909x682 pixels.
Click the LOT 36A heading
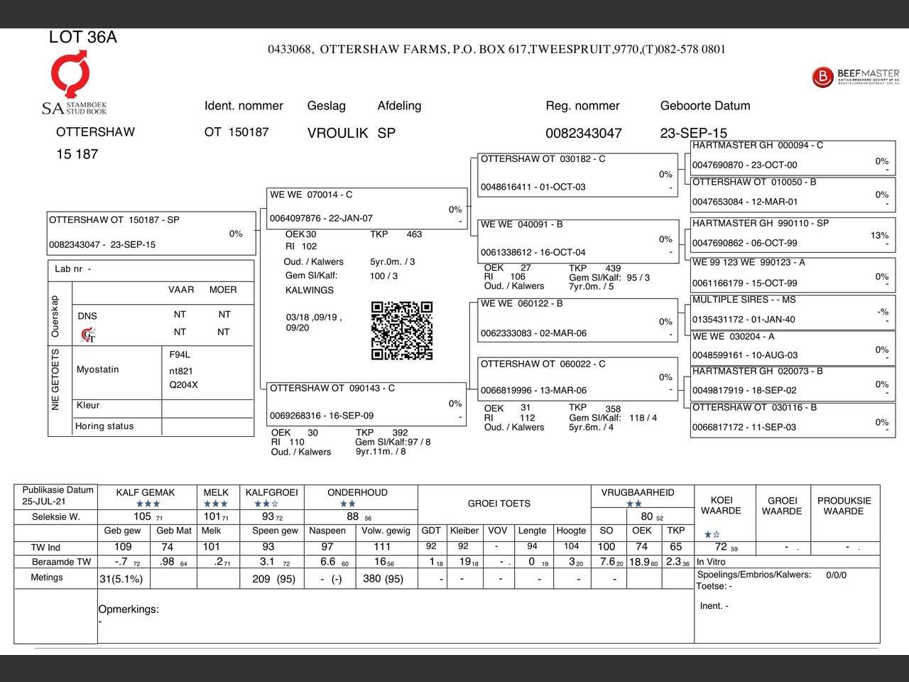click(x=83, y=38)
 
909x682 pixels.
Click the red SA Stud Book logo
click(x=70, y=74)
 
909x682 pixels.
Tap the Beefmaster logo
click(x=855, y=77)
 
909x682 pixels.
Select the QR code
click(x=402, y=330)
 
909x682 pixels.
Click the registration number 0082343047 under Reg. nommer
click(x=583, y=133)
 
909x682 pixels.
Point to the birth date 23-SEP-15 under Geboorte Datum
click(x=693, y=133)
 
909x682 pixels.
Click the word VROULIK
click(x=337, y=133)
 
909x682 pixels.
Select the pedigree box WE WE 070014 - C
click(x=365, y=207)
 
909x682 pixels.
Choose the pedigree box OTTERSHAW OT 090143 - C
click(x=365, y=403)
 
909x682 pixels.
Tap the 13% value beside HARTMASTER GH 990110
click(x=879, y=236)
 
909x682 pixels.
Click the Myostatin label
click(x=98, y=369)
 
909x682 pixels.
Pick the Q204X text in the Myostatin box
click(x=183, y=385)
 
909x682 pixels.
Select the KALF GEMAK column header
click(x=146, y=492)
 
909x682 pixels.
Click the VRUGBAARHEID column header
click(x=638, y=492)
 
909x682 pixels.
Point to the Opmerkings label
click(x=129, y=610)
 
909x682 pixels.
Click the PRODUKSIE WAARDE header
click(x=844, y=505)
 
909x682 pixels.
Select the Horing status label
click(x=104, y=426)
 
